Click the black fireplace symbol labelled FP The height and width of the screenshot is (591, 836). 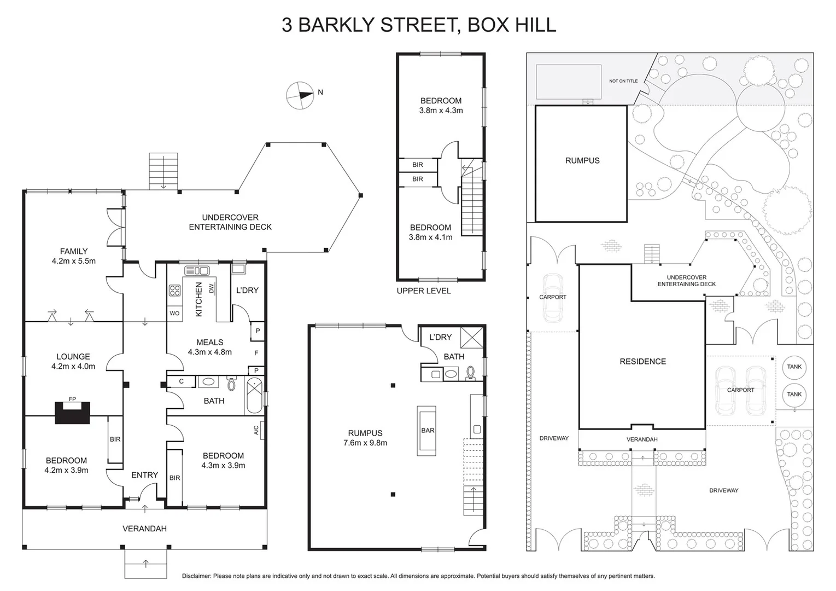click(72, 412)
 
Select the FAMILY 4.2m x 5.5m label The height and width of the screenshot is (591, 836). click(74, 256)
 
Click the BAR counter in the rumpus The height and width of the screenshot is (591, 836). click(427, 431)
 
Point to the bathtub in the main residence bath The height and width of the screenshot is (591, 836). click(254, 396)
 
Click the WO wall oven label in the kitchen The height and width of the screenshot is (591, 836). click(174, 314)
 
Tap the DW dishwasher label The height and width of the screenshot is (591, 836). click(211, 288)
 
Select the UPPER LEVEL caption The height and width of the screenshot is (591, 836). click(424, 291)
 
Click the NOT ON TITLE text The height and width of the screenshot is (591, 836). click(623, 81)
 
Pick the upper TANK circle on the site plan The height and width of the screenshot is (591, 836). click(794, 367)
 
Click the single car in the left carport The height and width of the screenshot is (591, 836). click(553, 298)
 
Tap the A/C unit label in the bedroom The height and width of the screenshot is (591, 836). click(257, 430)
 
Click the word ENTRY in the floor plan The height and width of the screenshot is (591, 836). click(144, 475)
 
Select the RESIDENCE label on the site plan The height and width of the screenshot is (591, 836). click(642, 361)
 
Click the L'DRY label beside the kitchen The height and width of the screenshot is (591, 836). click(247, 290)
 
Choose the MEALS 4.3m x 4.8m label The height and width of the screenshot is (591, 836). click(209, 347)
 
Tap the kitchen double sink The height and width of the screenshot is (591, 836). click(197, 270)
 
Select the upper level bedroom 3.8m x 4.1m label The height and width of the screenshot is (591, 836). click(430, 232)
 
